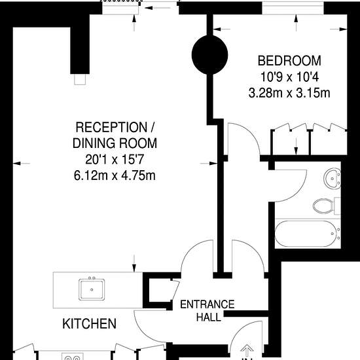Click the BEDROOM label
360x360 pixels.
tap(289, 61)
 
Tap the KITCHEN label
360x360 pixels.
tap(89, 324)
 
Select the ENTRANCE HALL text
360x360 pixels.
tap(207, 311)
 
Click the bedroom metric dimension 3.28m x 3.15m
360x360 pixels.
tap(289, 93)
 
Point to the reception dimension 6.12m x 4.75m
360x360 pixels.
tap(115, 175)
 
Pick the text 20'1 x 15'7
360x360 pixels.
tap(115, 159)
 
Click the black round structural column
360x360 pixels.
tap(209, 54)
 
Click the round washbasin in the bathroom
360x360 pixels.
tap(333, 179)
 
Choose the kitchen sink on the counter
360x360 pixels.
tap(92, 289)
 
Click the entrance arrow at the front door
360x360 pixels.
tap(247, 351)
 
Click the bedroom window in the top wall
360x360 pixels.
tap(293, 9)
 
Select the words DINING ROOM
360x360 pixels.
tap(115, 143)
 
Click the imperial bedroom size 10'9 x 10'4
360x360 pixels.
tap(289, 77)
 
